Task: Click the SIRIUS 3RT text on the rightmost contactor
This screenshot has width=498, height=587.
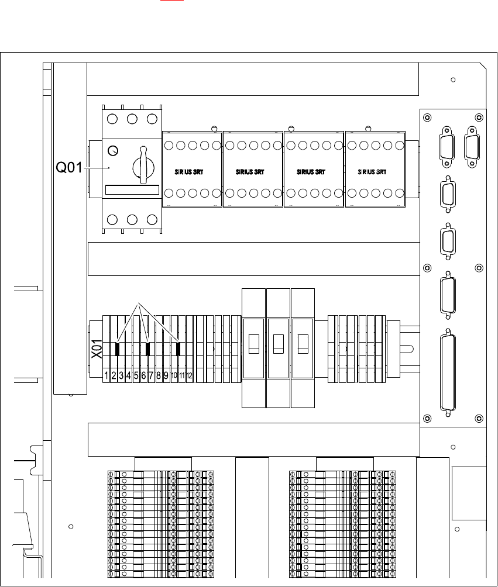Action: click(x=374, y=172)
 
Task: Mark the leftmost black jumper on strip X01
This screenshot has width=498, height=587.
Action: click(x=117, y=350)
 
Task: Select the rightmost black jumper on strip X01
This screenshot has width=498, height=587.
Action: click(x=178, y=350)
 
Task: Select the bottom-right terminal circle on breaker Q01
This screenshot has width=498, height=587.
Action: click(x=152, y=220)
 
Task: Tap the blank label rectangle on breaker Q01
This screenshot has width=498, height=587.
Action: click(x=132, y=191)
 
